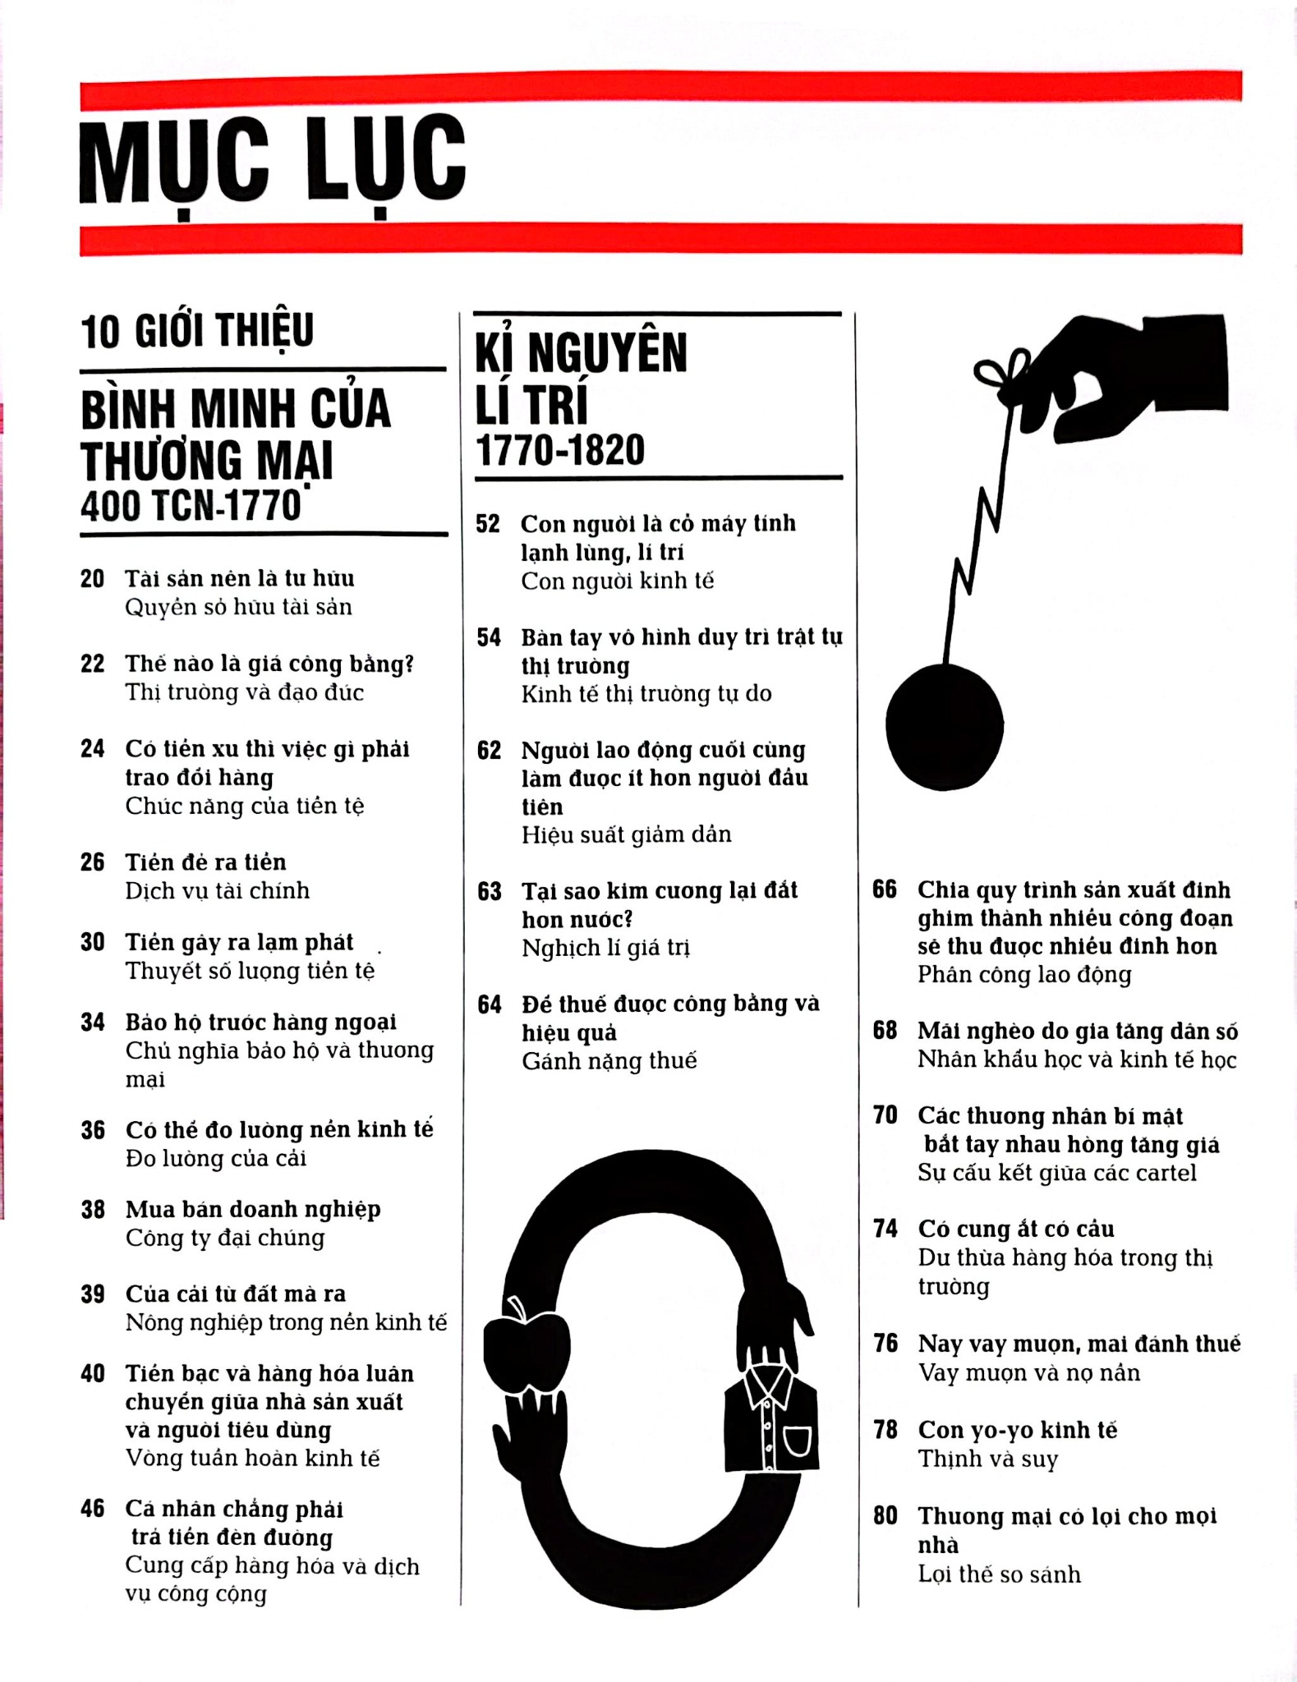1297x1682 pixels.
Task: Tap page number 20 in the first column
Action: point(93,579)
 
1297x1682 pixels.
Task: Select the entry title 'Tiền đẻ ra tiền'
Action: point(206,862)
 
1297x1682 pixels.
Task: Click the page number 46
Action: point(93,1509)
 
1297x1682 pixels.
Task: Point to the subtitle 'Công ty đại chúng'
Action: point(225,1238)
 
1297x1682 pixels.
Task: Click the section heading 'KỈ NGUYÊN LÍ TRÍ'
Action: point(582,379)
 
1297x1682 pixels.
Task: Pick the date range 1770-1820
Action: point(560,450)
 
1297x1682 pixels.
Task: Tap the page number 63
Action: point(490,891)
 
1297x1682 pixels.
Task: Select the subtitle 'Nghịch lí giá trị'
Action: point(605,949)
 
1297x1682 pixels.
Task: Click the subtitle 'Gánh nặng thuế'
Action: point(609,1061)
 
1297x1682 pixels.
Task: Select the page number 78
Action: point(885,1430)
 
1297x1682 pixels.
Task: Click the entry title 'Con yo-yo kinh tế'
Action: point(1018,1430)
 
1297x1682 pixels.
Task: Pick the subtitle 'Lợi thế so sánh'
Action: point(999,1574)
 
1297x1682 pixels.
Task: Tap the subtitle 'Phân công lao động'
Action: point(1024,975)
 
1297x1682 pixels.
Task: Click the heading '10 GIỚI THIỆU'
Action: point(197,331)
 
